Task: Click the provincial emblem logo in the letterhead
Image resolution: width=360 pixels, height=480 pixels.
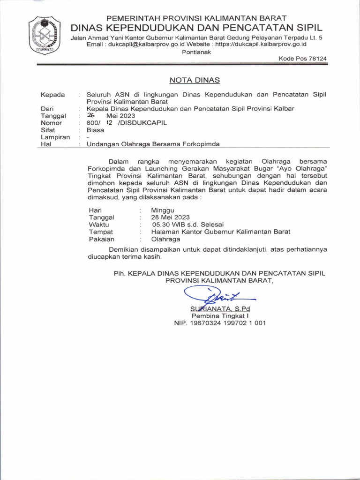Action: point(45,36)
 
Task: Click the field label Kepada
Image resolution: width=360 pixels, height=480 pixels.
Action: point(53,94)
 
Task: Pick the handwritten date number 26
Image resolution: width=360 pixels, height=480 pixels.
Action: point(91,115)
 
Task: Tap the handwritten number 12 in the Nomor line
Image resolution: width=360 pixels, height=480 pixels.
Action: point(109,123)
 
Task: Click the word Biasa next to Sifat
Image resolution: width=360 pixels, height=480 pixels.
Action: point(95,130)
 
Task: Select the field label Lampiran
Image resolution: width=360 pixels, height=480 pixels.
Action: point(55,137)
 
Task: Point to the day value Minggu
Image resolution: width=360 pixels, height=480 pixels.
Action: point(163,210)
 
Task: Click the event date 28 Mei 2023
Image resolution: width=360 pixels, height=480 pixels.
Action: point(171,217)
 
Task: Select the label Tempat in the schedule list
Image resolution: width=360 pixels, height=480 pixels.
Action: point(101,232)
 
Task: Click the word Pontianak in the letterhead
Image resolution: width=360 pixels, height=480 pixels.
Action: point(196,52)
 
